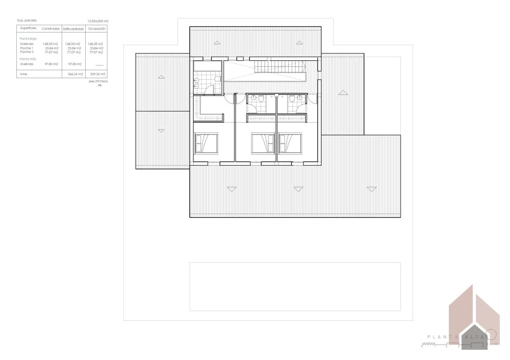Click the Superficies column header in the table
(x=28, y=29)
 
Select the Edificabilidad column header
(x=73, y=29)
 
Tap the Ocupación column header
(x=96, y=29)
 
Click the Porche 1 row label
(x=27, y=48)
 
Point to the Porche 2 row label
(x=27, y=52)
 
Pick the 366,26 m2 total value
(x=75, y=74)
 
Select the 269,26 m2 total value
(x=97, y=74)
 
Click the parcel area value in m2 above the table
(x=98, y=21)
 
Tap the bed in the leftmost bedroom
(x=206, y=143)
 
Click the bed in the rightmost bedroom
(x=291, y=143)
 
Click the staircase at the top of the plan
(x=279, y=66)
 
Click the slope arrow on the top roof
(x=217, y=42)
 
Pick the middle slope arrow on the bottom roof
(x=298, y=189)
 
